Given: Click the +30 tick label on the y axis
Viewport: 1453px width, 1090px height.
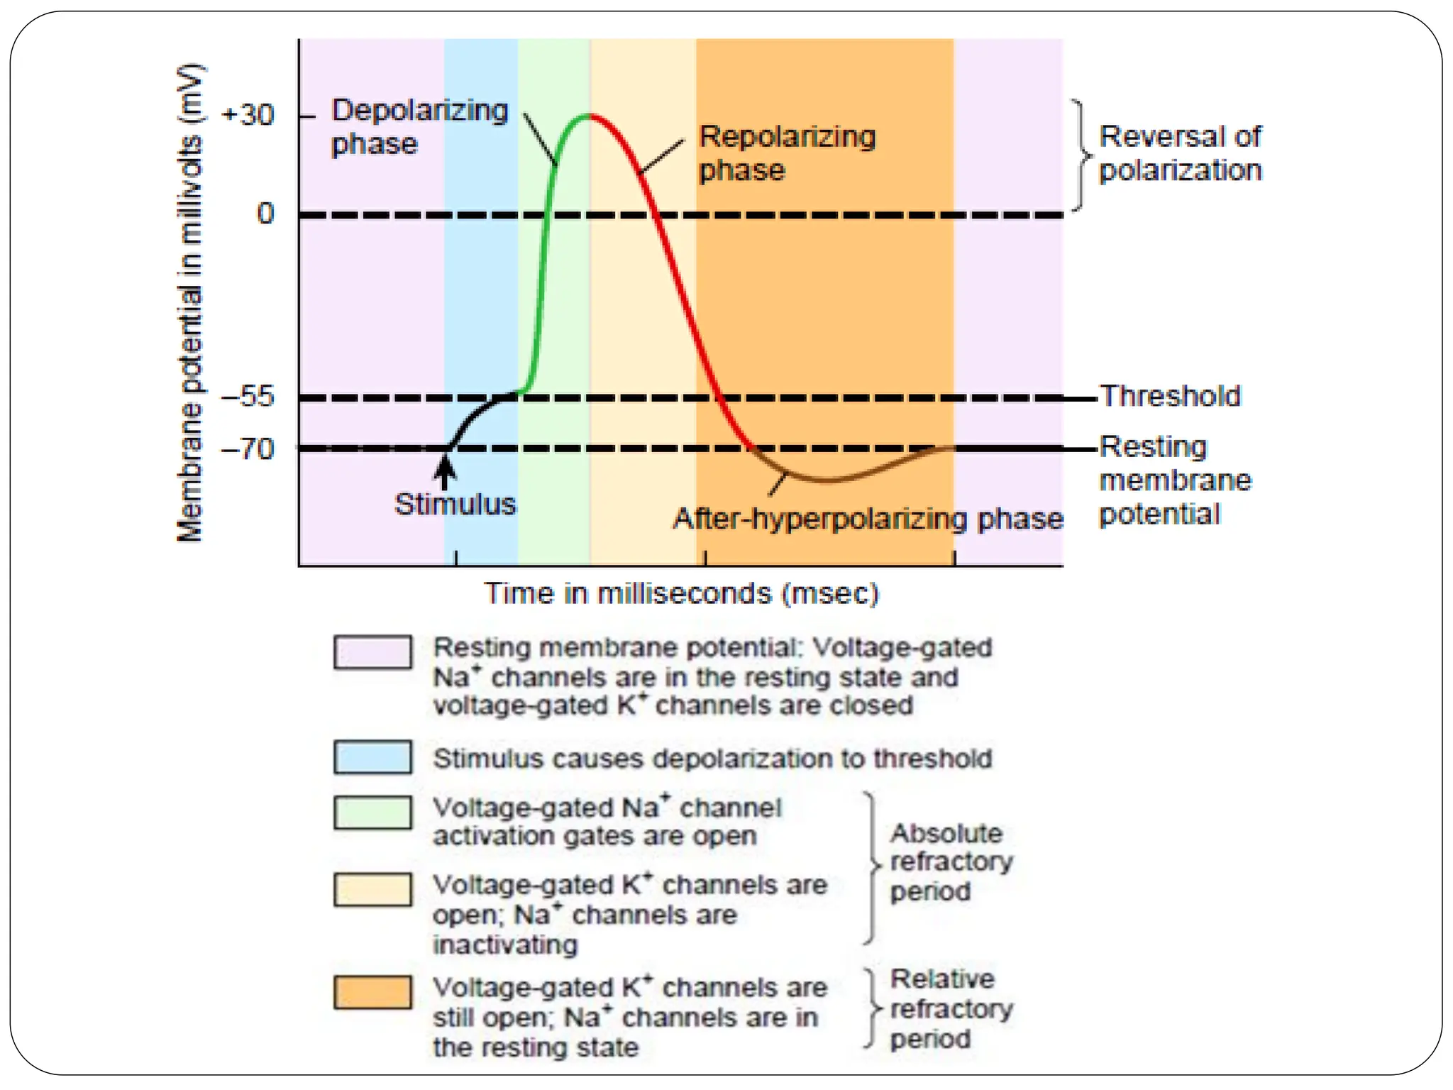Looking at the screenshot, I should click(248, 115).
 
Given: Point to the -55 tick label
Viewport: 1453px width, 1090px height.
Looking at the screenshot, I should click(248, 396).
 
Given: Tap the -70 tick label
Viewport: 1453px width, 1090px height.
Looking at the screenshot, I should click(248, 448).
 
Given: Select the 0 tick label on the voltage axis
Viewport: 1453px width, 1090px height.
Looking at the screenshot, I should click(265, 213).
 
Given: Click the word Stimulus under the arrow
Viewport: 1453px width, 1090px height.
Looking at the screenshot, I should click(455, 505).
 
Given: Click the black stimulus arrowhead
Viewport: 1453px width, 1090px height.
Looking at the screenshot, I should click(445, 467).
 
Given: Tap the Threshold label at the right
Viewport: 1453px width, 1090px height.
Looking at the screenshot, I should click(1170, 396).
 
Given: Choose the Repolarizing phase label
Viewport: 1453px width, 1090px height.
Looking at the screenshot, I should click(787, 153).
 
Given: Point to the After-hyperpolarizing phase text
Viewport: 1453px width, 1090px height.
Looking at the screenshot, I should click(868, 519).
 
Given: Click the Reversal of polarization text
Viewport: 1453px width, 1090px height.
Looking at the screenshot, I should click(1180, 153).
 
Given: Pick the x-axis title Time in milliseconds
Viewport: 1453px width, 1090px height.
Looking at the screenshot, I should click(681, 593).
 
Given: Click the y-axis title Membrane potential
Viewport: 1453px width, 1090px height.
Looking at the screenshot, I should click(189, 303).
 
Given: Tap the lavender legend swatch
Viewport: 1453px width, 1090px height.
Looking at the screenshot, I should click(372, 651).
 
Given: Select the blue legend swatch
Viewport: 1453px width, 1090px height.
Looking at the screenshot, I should click(372, 757).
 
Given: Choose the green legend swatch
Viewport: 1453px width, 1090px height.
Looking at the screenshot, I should click(372, 813).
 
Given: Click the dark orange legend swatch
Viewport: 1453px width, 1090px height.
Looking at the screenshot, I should click(372, 991).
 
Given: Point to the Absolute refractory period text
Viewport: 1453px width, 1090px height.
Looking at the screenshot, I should click(950, 861).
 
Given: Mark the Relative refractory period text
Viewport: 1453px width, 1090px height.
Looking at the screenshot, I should click(950, 1008).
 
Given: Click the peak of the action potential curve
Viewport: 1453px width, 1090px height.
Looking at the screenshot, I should click(589, 115).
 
